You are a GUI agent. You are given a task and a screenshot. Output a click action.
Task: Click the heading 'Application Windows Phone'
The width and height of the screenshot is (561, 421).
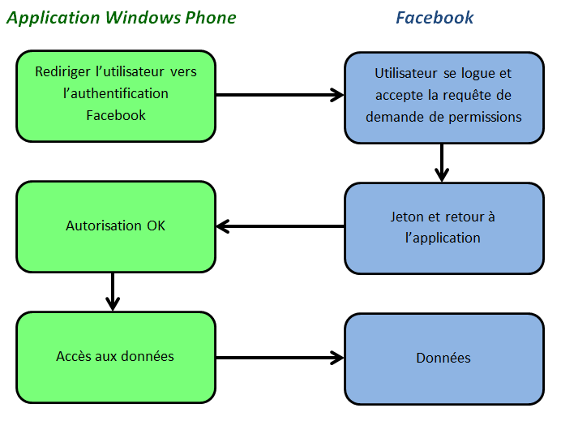[x=122, y=18]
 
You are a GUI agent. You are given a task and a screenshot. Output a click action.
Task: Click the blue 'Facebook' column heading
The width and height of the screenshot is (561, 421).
[x=435, y=18]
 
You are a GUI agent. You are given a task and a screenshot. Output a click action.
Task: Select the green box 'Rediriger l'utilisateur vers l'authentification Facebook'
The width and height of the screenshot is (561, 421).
[x=116, y=94]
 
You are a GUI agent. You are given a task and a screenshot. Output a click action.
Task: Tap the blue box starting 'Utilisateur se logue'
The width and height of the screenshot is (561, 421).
[x=443, y=95]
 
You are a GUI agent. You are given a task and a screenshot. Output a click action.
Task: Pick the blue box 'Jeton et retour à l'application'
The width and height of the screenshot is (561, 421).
[x=443, y=227]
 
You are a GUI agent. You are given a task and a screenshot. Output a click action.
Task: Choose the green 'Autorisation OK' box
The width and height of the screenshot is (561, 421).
[x=116, y=226]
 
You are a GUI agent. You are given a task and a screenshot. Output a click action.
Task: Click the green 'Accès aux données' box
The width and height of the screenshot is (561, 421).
[x=116, y=357]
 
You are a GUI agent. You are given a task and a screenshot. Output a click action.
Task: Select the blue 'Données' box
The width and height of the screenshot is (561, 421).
[x=443, y=358]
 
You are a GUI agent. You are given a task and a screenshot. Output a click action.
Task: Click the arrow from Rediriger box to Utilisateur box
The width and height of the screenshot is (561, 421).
[x=280, y=95]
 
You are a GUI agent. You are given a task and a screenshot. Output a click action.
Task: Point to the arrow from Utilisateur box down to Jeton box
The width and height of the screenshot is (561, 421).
[x=442, y=162]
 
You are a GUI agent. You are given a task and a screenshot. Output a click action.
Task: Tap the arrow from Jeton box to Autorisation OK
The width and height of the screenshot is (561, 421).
[x=280, y=226]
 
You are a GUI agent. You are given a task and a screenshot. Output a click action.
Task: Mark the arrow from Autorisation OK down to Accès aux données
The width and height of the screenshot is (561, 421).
[x=113, y=292]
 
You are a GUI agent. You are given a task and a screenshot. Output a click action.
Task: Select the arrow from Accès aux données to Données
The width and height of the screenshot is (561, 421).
[x=280, y=357]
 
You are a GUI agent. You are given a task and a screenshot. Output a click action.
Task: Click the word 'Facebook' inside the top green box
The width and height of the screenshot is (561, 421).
[x=116, y=115]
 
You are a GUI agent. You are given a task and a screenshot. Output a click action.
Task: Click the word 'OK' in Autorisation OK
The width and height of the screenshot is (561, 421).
[x=156, y=226]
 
